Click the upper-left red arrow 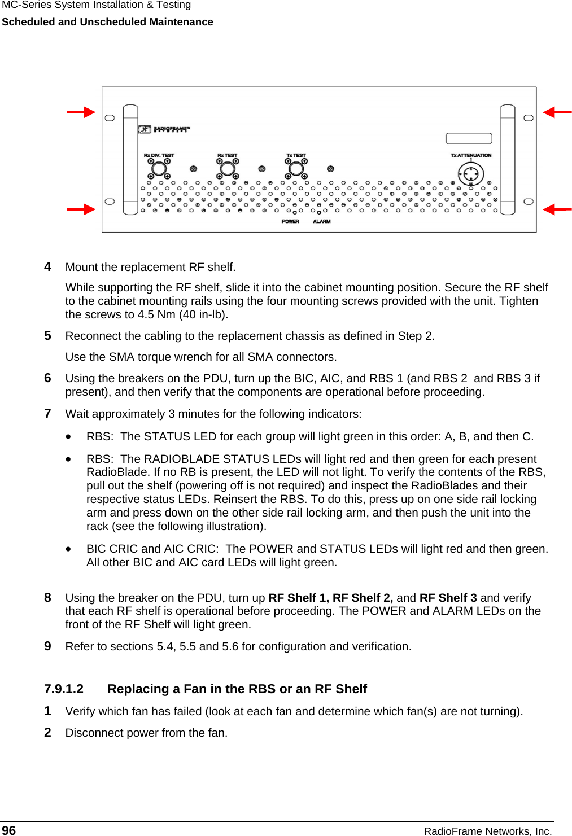click(81, 112)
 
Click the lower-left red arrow click(81, 209)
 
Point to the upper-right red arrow click(557, 112)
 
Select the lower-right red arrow click(557, 209)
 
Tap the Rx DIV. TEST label click(159, 155)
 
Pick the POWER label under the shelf click(290, 221)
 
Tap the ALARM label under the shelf click(322, 221)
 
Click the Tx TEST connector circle click(296, 168)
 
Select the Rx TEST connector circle click(228, 168)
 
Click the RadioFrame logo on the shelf click(164, 129)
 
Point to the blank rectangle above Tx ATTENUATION click(469, 138)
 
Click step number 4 click(48, 267)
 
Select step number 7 click(48, 414)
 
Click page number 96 click(9, 830)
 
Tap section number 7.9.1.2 click(64, 689)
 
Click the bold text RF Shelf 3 click(448, 598)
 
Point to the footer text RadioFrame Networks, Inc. click(487, 831)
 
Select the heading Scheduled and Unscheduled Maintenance click(107, 22)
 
